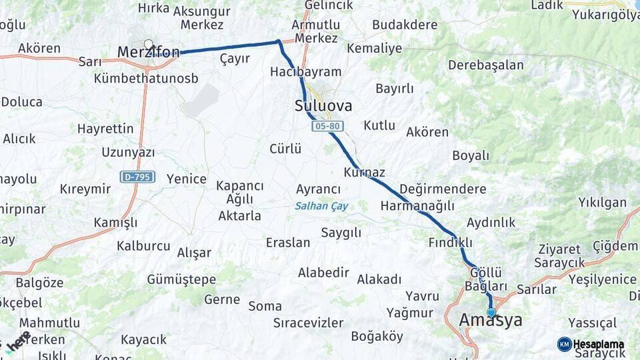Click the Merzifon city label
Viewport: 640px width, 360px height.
tap(147, 52)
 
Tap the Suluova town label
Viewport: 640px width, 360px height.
tap(323, 106)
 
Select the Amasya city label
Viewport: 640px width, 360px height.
tap(491, 321)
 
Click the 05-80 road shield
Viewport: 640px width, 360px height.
tap(327, 125)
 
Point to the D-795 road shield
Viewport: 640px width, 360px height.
tap(138, 177)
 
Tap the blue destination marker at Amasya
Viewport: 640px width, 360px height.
tap(491, 312)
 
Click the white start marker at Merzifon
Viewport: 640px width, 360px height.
tap(148, 45)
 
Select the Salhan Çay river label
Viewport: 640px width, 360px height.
tap(321, 206)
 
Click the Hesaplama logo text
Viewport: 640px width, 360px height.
tap(599, 344)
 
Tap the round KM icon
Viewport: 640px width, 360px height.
tap(565, 344)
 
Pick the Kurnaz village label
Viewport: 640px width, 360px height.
tap(365, 173)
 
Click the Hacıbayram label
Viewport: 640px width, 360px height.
tap(306, 72)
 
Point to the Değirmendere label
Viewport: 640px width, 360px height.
tap(443, 189)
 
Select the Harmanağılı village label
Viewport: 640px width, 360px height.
tap(417, 206)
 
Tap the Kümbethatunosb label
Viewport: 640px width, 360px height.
tap(146, 78)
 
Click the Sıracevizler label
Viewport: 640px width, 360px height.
tap(308, 323)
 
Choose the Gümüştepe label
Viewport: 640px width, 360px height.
tap(181, 279)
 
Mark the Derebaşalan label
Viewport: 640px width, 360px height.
tap(486, 65)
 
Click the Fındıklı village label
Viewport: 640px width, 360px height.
tap(450, 241)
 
